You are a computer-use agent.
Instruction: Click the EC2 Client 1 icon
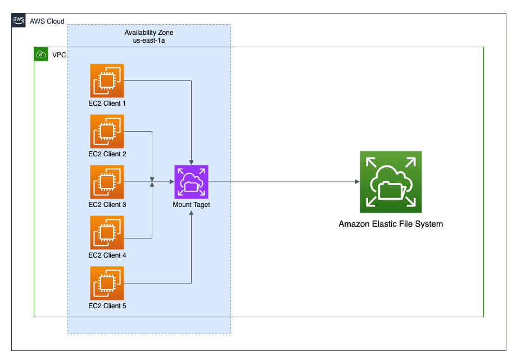[107, 81]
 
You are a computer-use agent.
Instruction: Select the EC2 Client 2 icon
[107, 131]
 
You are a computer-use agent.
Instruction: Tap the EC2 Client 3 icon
[107, 182]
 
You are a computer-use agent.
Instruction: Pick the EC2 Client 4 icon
[107, 232]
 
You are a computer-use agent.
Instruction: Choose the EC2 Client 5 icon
[107, 283]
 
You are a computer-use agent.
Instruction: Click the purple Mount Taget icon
[192, 182]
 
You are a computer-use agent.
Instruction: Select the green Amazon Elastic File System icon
[391, 182]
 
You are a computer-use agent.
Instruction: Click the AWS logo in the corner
[19, 20]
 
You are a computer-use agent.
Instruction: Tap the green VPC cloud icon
[41, 54]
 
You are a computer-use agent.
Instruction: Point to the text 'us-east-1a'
[149, 40]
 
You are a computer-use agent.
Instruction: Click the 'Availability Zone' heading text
[149, 33]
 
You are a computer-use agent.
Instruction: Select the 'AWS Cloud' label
[47, 21]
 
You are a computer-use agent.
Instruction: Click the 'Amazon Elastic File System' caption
[391, 224]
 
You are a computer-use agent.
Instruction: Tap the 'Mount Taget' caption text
[192, 205]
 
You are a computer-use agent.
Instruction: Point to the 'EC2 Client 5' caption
[107, 306]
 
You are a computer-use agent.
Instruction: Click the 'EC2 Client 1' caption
[107, 103]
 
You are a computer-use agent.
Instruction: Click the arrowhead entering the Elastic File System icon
[357, 182]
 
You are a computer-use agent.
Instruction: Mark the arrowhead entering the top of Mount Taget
[192, 163]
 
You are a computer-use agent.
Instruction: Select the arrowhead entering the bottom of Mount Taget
[192, 213]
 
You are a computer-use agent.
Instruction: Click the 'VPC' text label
[59, 55]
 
